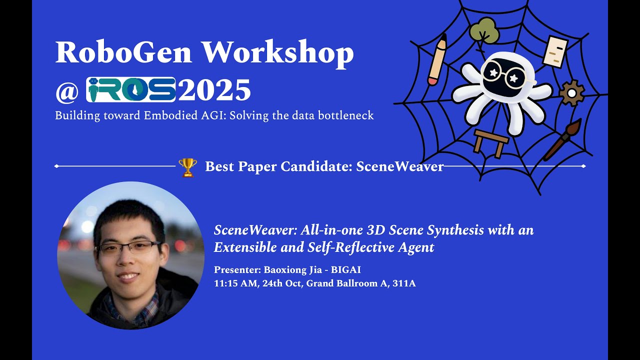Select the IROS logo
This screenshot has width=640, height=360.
131,89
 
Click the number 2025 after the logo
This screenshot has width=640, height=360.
214,90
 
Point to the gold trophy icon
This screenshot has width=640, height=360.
187,167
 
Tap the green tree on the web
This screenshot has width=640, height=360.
484,31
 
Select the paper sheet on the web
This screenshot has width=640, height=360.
555,51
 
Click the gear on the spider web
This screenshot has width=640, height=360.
571,92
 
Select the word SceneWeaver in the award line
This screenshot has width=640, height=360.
399,166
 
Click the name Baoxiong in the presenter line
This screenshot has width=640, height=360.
281,270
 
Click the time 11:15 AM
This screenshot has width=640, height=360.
235,283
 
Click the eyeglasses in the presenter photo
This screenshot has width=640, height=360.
129,246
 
